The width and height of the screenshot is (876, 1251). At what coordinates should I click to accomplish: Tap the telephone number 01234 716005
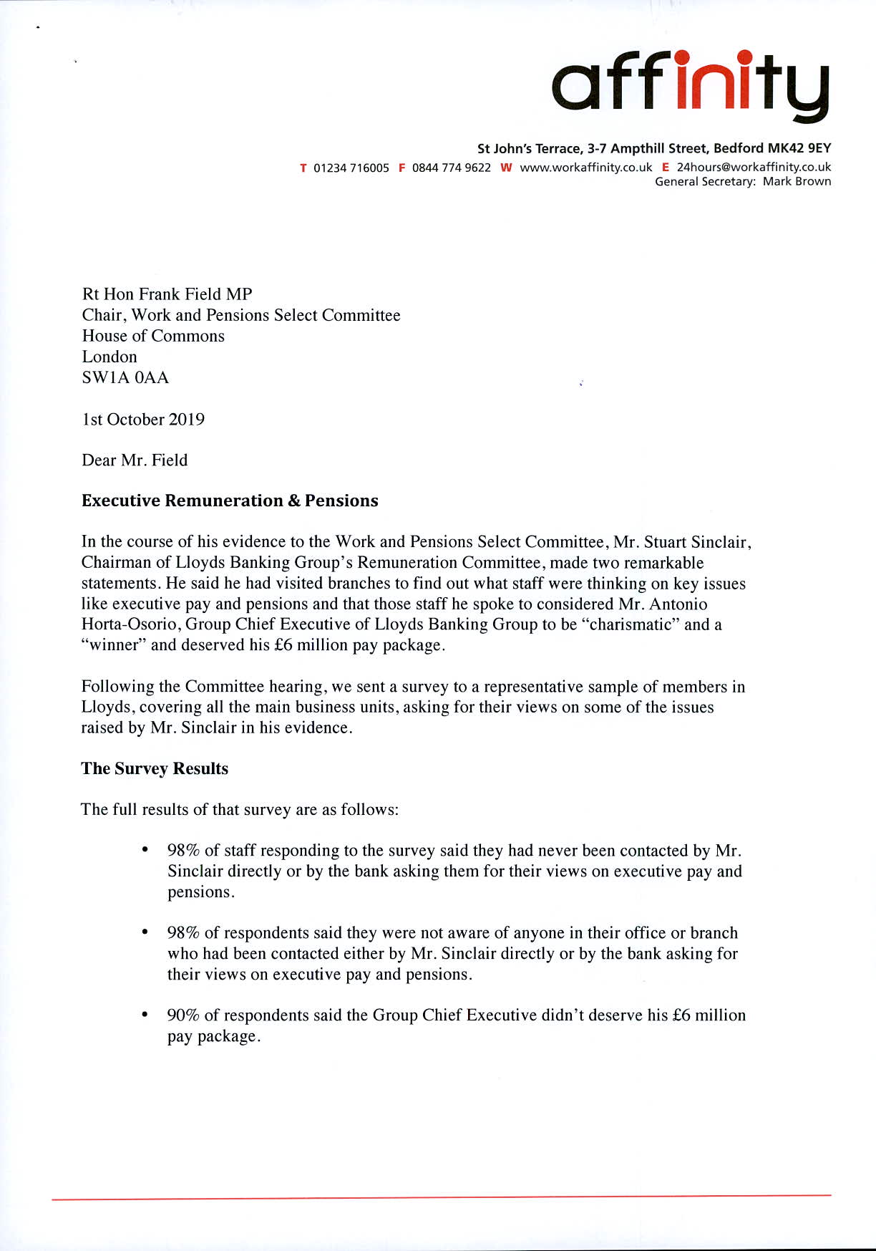[351, 168]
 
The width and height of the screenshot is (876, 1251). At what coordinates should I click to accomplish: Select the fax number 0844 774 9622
[451, 168]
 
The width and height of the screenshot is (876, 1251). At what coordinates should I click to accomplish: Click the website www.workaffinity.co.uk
[585, 168]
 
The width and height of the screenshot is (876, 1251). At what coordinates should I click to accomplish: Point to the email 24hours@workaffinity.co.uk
[754, 168]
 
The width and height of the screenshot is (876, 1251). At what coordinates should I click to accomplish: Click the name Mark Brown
[797, 182]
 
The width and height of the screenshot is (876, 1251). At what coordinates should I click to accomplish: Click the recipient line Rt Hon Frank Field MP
[167, 294]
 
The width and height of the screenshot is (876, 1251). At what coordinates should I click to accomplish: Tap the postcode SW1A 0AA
[125, 378]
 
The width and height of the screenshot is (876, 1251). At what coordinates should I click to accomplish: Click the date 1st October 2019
[143, 420]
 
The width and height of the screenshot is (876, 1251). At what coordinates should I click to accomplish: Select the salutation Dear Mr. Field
[135, 460]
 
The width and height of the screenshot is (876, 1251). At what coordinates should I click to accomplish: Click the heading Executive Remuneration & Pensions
[230, 501]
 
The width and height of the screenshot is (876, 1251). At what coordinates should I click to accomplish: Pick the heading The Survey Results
[155, 769]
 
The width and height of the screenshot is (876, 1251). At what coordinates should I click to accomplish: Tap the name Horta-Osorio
[129, 625]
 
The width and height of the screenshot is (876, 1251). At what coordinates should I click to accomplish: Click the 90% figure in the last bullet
[183, 1016]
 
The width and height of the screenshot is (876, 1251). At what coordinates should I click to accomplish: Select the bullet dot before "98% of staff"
[145, 850]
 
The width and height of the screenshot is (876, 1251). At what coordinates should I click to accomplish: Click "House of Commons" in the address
[153, 337]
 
